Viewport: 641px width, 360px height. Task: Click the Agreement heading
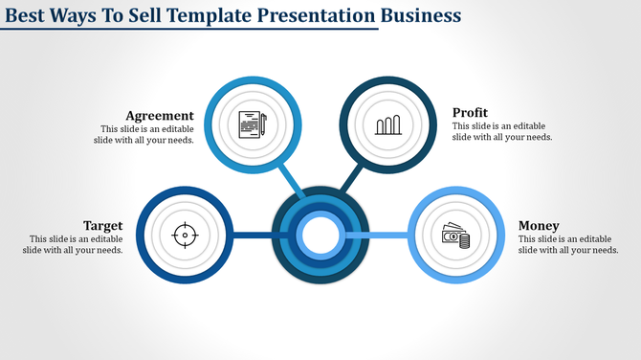click(x=161, y=115)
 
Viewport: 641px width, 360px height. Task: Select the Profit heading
click(x=471, y=112)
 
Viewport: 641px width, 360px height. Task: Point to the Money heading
click(x=540, y=225)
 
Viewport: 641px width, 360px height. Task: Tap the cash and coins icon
click(x=455, y=235)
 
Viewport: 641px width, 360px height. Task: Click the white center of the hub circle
click(x=320, y=235)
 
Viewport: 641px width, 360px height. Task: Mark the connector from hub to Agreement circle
click(x=289, y=181)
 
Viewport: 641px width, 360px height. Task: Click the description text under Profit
click(x=501, y=132)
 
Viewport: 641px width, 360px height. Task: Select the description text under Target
click(x=74, y=244)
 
